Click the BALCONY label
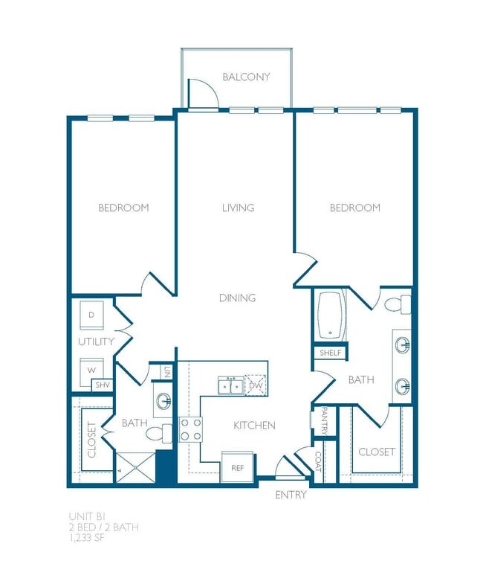246,77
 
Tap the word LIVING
238,208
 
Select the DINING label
237,298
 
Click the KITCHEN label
254,426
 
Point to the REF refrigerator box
237,468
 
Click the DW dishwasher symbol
256,385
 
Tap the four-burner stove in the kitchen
190,429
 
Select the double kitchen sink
230,385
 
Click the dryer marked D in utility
93,315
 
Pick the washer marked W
92,369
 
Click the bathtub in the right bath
331,315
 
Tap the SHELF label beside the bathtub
331,353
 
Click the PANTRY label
323,421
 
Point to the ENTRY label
291,495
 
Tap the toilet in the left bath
158,434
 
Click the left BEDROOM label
123,208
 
